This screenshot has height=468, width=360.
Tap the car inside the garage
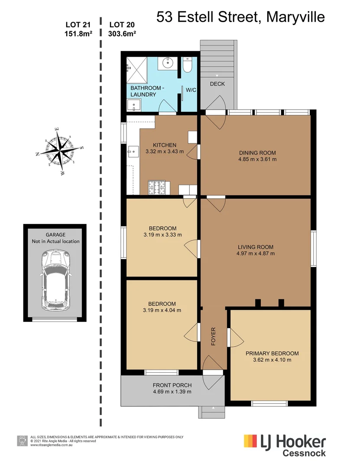55,281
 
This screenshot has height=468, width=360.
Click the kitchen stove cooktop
157,188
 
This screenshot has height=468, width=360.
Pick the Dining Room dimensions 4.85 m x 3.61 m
257,159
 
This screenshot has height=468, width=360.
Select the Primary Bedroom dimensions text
272,360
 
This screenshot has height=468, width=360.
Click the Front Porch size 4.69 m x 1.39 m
172,392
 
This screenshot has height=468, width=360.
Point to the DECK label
217,84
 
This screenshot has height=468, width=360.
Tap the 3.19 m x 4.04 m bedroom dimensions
162,310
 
